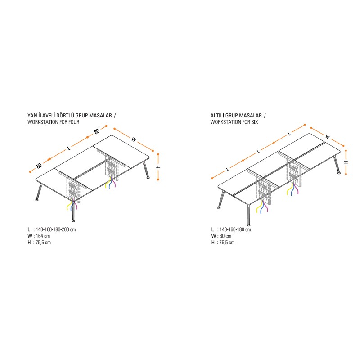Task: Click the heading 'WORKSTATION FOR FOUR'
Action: pos(54,122)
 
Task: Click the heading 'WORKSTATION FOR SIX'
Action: pos(234,122)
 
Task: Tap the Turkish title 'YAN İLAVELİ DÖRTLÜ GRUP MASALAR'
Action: pos(70,115)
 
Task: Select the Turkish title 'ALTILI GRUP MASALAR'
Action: pos(236,115)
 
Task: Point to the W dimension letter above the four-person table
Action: pos(134,139)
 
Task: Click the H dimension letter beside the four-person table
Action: pos(158,166)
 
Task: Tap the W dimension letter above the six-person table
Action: pos(328,137)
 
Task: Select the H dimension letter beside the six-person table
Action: pos(346,162)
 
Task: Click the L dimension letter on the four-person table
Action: pos(69,148)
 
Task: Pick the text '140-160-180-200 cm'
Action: pos(56,229)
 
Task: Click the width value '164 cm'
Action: pos(43,236)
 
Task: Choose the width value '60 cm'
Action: pos(225,236)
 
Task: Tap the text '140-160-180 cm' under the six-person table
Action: pos(235,229)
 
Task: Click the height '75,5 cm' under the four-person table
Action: pos(43,242)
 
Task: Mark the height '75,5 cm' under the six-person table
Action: pos(227,242)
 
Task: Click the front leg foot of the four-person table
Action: pos(73,221)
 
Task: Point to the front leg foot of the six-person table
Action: pos(249,225)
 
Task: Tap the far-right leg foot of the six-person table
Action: pos(339,173)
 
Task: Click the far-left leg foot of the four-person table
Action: pos(37,200)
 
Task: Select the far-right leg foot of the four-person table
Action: pos(148,177)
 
